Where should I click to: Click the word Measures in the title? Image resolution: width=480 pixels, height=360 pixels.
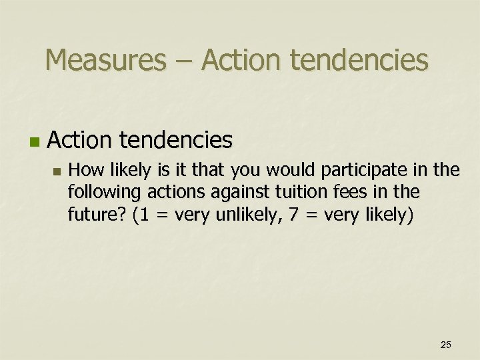tap(105, 60)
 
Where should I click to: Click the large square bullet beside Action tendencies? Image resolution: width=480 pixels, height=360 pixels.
tap(34, 142)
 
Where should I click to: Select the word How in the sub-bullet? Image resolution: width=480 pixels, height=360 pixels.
tap(83, 171)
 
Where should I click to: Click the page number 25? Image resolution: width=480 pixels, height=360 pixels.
tap(446, 344)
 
